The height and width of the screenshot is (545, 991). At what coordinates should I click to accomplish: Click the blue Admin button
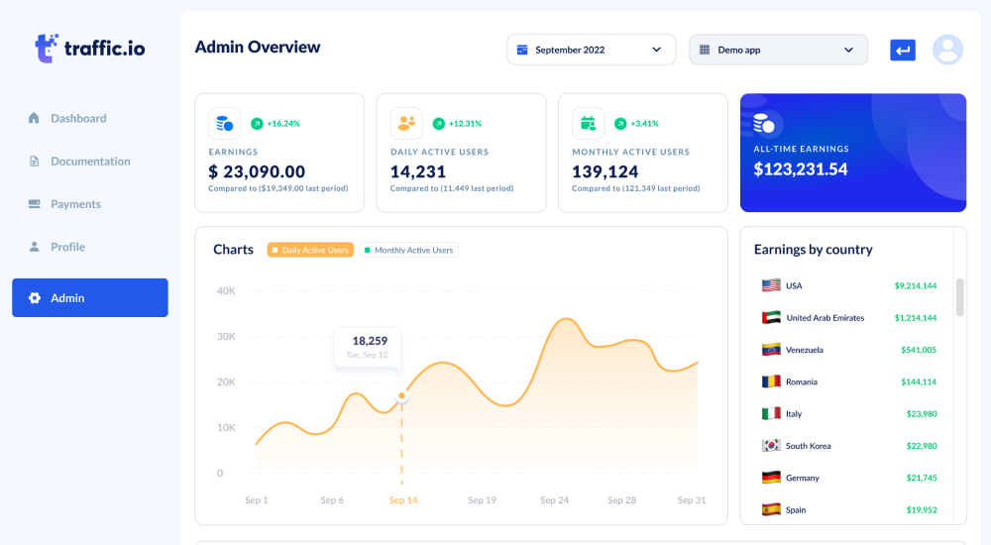[x=90, y=298]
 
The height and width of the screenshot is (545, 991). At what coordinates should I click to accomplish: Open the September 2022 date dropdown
[x=591, y=50]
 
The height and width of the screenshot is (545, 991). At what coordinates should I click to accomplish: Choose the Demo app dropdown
[x=778, y=50]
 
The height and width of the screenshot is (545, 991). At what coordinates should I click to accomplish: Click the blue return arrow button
[x=902, y=50]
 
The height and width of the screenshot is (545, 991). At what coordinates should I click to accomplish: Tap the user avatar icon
[x=947, y=50]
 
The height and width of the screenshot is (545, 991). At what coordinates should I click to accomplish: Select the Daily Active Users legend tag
[x=310, y=251]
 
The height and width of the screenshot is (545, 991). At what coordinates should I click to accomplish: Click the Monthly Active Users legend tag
[x=408, y=251]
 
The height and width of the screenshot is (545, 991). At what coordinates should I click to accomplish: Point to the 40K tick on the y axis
[x=226, y=291]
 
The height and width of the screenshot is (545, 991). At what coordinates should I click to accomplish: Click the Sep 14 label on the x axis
[x=403, y=500]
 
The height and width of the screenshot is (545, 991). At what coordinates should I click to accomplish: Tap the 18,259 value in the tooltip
[x=369, y=341]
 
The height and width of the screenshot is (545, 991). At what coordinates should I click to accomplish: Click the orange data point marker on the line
[x=402, y=396]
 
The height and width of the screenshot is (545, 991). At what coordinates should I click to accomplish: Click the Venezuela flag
[x=771, y=350]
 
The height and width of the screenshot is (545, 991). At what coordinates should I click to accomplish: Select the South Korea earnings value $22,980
[x=921, y=446]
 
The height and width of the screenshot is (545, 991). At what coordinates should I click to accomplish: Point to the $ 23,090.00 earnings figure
[x=257, y=171]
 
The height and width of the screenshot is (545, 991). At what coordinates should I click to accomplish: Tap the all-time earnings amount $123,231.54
[x=801, y=169]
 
